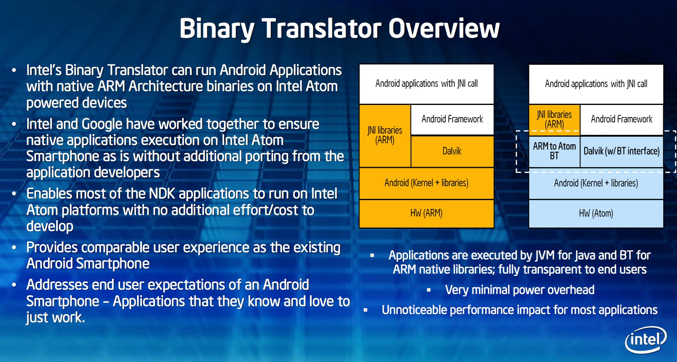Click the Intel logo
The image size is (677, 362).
click(x=646, y=340)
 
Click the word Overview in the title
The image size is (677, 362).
click(x=444, y=28)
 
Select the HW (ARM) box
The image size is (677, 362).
click(x=426, y=213)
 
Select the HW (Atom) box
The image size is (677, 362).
click(x=596, y=213)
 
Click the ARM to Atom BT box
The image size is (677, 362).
click(x=554, y=151)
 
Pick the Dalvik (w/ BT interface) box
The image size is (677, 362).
click(x=622, y=151)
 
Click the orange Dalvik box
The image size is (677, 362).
click(x=452, y=151)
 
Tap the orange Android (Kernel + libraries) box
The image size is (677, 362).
click(x=426, y=183)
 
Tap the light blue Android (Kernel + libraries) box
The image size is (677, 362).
click(x=596, y=183)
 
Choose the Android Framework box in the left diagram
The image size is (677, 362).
click(x=452, y=119)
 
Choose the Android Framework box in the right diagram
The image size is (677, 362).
click(x=622, y=119)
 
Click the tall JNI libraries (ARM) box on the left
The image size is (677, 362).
click(x=385, y=136)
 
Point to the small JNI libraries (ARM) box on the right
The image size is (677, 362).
click(x=554, y=119)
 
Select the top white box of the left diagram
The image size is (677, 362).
click(x=426, y=84)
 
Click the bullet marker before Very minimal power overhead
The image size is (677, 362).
click(x=429, y=290)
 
